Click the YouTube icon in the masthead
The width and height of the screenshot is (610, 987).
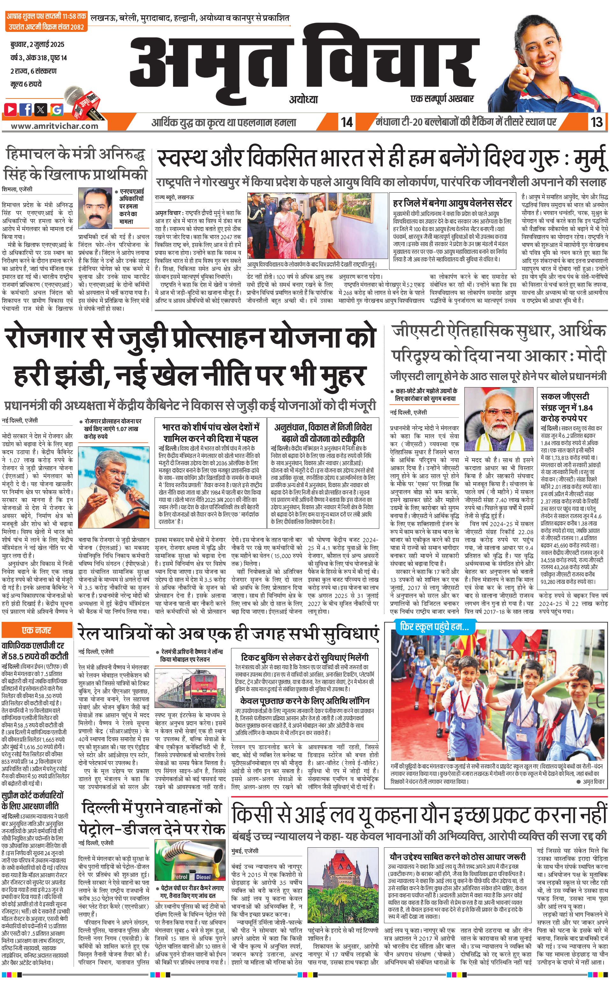coord(11,109)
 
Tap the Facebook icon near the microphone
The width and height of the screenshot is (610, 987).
coord(26,109)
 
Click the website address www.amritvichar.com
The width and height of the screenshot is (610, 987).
coord(54,126)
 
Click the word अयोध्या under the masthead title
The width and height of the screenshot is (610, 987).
coord(303,99)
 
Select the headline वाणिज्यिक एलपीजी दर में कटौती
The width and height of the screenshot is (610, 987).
coord(35,650)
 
